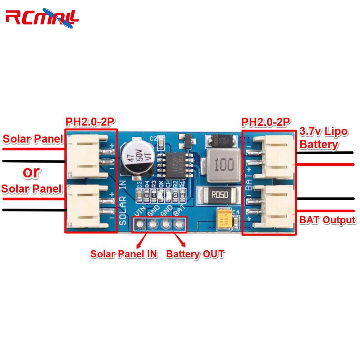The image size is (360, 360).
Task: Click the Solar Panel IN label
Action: tap(124, 254)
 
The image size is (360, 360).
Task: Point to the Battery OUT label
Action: tap(195, 254)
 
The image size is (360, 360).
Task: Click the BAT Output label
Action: tap(328, 220)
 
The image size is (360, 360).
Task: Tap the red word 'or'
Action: tap(31, 172)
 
